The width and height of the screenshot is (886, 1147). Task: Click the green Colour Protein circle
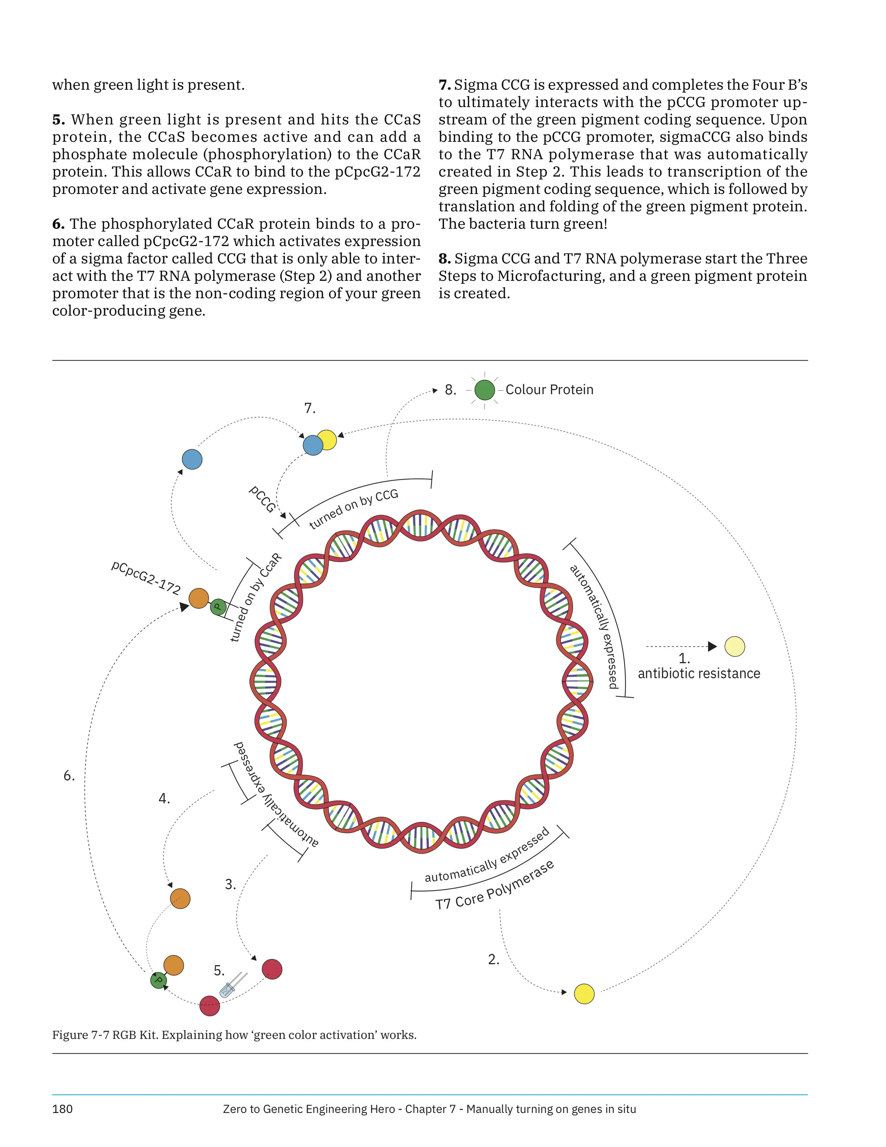click(x=484, y=390)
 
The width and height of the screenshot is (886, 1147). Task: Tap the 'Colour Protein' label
click(x=549, y=390)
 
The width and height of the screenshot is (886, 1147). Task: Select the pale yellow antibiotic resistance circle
click(x=734, y=646)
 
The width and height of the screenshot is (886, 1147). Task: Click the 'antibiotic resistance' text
click(x=699, y=673)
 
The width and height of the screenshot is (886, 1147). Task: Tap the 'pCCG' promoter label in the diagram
click(x=262, y=499)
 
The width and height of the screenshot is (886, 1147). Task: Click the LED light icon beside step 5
click(x=232, y=985)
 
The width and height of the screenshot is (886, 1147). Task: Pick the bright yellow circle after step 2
click(x=584, y=993)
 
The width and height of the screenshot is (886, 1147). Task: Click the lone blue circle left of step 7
click(x=192, y=460)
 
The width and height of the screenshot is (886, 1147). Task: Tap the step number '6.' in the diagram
click(x=69, y=776)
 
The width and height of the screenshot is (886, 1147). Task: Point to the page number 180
click(x=62, y=1109)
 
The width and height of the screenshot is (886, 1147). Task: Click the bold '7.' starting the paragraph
click(x=444, y=84)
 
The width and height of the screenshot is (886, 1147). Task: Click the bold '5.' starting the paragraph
click(x=58, y=120)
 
